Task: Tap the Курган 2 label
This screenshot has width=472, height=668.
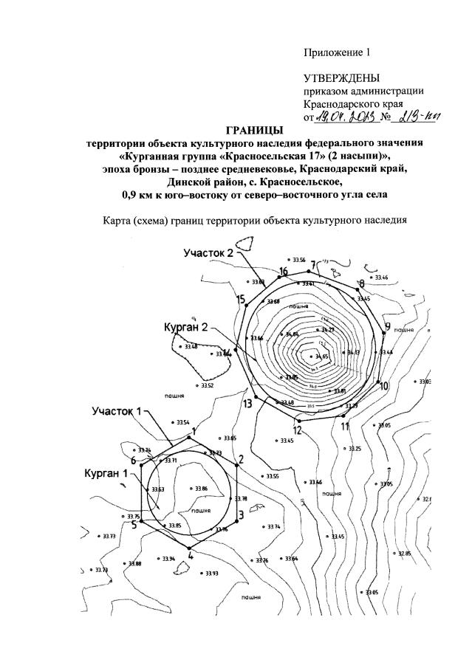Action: click(x=186, y=326)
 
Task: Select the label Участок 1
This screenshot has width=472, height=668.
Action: click(x=116, y=410)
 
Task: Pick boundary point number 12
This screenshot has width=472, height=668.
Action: click(x=296, y=430)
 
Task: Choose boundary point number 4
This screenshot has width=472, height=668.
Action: click(x=191, y=555)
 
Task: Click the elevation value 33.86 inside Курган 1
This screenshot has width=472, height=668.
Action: click(x=200, y=489)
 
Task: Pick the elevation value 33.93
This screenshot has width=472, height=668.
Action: click(x=212, y=574)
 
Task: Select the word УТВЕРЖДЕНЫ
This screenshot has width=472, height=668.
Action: click(x=341, y=78)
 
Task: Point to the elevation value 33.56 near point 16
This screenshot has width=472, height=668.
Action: click(x=298, y=261)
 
